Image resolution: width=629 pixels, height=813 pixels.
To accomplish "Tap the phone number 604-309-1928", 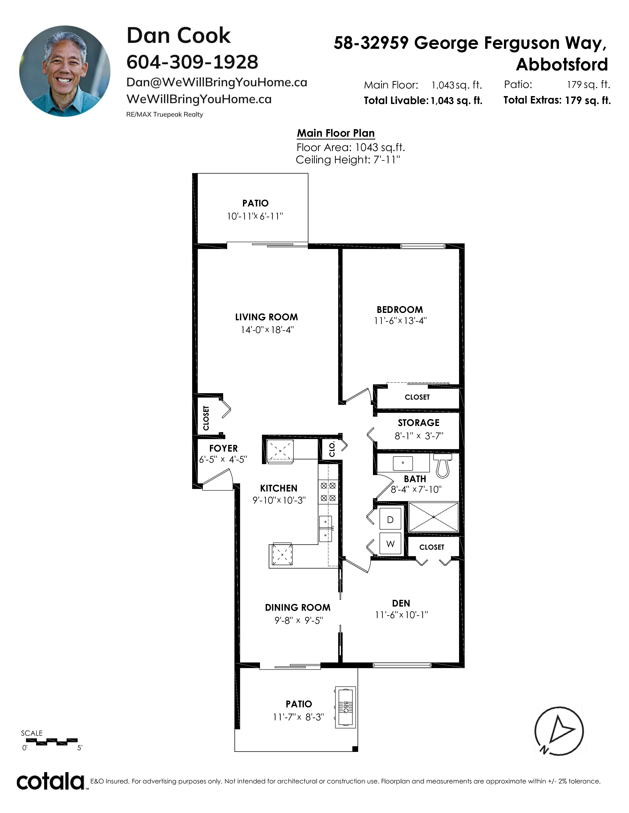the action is pos(192,62).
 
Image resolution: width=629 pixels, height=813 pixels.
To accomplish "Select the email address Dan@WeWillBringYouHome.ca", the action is pos(217,82).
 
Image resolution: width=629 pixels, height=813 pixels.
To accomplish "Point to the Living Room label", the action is pos(266,317).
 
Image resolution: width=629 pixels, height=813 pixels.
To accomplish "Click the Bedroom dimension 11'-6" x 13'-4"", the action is pos(400,321).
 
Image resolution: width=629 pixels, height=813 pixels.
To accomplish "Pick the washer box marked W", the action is pos(390,543).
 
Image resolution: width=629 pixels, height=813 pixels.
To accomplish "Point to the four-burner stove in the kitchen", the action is pos(328,491).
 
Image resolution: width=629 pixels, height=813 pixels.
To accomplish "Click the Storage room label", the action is pos(418,423).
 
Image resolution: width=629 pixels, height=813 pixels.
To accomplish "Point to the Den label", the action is pos(401,603).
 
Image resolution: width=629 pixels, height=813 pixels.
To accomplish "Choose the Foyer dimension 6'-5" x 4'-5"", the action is pos(223,459).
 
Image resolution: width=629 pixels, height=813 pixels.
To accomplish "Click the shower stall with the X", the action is pos(434,517).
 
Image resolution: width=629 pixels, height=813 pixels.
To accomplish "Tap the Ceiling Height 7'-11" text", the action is pos(348,160).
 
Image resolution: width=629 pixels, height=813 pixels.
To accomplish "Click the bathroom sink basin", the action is pos(403,463).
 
